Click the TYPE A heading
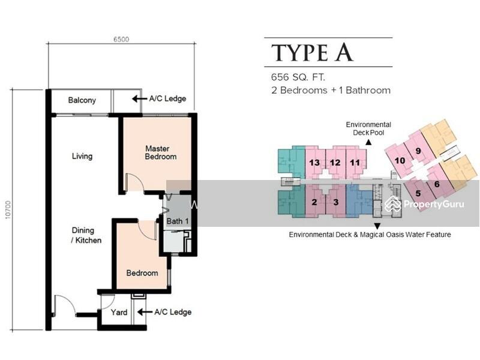[x=312, y=53]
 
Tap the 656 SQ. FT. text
[x=298, y=77]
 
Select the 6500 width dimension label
[x=121, y=39]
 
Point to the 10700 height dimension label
[x=8, y=209]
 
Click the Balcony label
[x=82, y=100]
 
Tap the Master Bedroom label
[x=160, y=152]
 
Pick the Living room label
[x=82, y=156]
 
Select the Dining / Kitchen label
[x=86, y=235]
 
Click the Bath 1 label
[x=178, y=221]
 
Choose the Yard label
[x=119, y=312]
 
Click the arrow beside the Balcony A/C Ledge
[x=139, y=98]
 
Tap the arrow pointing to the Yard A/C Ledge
[x=145, y=312]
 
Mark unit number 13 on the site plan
[x=314, y=163]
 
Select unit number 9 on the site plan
[x=418, y=151]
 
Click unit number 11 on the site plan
[x=355, y=163]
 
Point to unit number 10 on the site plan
[x=400, y=160]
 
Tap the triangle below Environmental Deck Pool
[x=368, y=142]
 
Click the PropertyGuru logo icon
[x=393, y=204]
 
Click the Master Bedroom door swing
[x=134, y=182]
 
